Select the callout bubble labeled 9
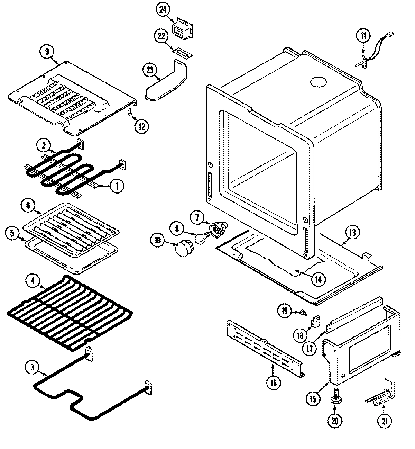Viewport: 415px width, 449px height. pos(47,52)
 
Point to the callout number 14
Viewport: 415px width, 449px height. pos(318,279)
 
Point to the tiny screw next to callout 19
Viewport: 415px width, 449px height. pos(303,312)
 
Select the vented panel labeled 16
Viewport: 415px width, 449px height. pos(265,347)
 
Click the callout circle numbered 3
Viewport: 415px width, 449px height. pos(32,367)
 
